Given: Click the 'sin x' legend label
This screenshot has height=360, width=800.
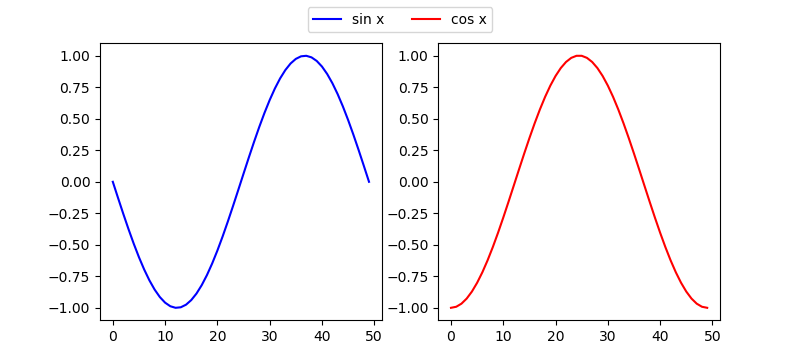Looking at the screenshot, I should [368, 19].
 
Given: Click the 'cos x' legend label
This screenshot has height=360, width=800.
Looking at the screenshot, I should [469, 19].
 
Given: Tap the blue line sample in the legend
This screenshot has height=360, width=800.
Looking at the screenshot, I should [327, 19].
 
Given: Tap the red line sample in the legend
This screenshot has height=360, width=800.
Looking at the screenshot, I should [426, 19].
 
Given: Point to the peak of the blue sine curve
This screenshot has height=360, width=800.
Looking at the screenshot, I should [305, 56].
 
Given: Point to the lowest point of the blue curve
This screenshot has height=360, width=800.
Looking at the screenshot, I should [176, 307].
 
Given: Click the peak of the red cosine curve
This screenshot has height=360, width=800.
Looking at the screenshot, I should [578, 56].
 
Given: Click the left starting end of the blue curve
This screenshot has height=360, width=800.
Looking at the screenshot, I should [113, 182].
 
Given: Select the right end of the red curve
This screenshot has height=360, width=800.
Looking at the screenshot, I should [707, 307].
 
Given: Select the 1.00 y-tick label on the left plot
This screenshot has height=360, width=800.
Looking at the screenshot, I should [76, 56].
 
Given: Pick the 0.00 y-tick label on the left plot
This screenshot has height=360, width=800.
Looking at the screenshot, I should [76, 182].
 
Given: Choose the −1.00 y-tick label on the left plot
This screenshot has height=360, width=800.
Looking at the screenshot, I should [72, 308].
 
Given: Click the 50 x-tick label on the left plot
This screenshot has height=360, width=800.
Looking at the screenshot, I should [374, 337].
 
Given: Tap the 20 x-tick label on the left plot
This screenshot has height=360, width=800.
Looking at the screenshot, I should [217, 337].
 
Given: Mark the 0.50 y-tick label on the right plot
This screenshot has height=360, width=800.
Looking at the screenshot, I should [414, 119].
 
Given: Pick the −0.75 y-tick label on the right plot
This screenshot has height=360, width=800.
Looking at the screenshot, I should [410, 276].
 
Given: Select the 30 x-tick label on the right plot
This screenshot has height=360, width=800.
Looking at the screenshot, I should [608, 337].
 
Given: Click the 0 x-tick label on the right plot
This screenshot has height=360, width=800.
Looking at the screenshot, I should [451, 337].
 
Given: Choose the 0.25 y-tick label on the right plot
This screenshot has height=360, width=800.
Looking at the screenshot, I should [414, 150].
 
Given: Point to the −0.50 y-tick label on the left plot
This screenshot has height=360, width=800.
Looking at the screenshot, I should [72, 245].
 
